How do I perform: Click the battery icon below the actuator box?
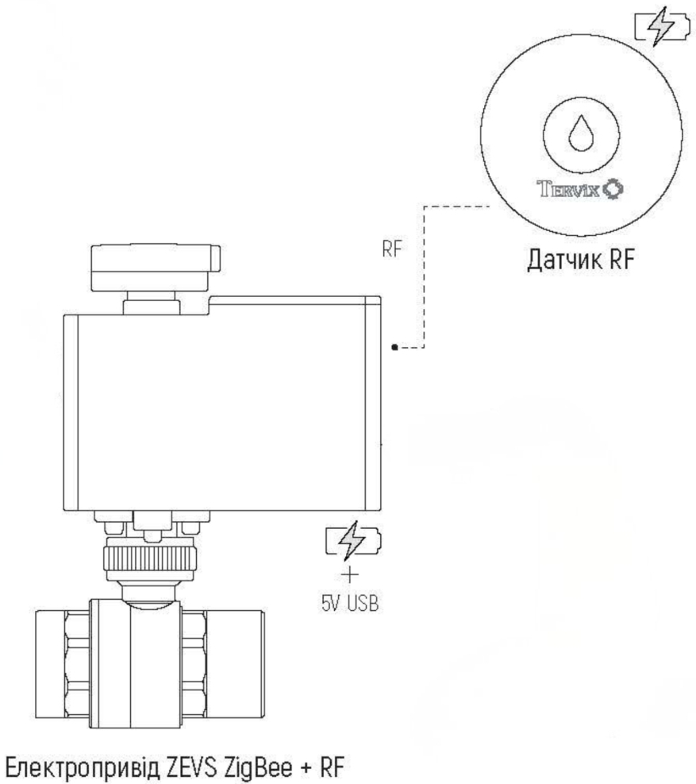pos(352,543)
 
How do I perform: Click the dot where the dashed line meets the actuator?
pos(395,347)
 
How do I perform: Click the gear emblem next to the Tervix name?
pos(613,191)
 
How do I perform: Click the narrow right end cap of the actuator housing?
pos(375,405)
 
